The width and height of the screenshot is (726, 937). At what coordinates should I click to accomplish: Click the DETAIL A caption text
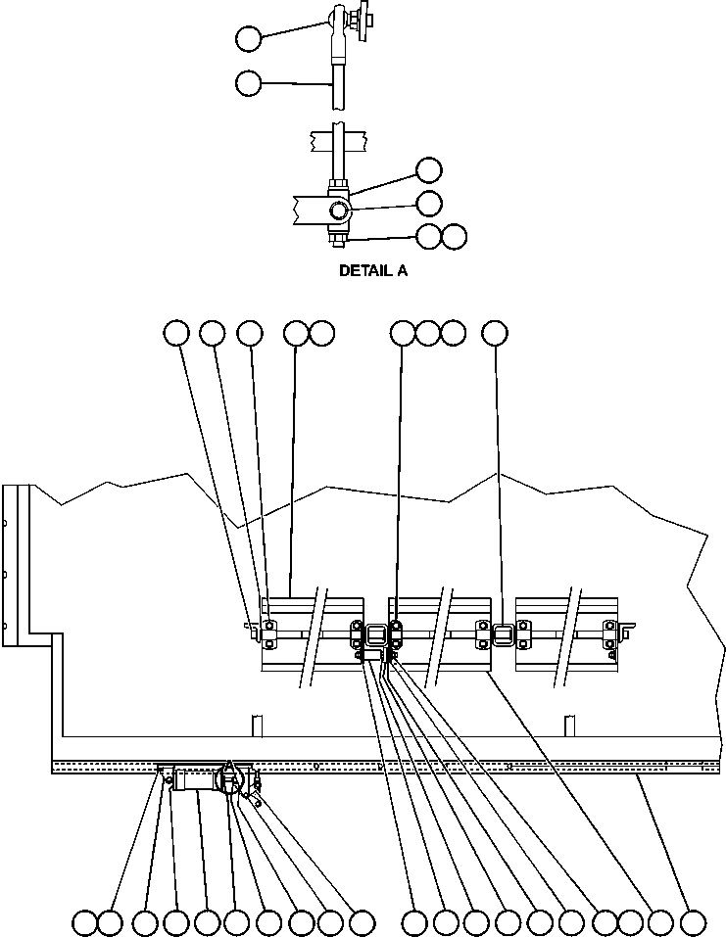point(372,271)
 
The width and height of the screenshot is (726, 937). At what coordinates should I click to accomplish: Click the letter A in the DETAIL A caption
point(402,271)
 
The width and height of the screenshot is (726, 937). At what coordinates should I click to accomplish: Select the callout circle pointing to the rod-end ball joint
point(249,38)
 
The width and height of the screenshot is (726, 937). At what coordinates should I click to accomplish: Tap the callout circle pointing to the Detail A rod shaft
point(249,83)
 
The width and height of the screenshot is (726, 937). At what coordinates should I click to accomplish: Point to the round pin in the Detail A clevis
point(338,210)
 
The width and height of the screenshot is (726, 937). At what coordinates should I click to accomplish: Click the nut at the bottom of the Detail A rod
point(336,236)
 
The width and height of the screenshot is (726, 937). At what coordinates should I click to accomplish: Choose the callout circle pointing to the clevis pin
point(428,203)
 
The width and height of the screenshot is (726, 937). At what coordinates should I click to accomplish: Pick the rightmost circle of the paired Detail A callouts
point(454,237)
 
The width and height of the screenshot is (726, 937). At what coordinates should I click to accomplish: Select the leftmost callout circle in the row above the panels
point(176,334)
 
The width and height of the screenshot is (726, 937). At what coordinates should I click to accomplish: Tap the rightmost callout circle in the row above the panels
point(496,334)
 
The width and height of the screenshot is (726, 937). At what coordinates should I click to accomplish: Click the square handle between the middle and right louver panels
point(503,635)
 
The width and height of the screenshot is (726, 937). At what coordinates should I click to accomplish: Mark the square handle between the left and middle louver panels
point(375,635)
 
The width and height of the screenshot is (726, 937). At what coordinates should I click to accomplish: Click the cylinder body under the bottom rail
point(199,780)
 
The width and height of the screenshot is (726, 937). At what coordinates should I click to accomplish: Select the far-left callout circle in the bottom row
point(85,922)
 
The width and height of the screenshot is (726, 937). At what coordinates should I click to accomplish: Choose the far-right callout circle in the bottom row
point(693,922)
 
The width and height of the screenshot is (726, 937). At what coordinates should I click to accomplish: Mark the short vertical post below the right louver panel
point(568,726)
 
